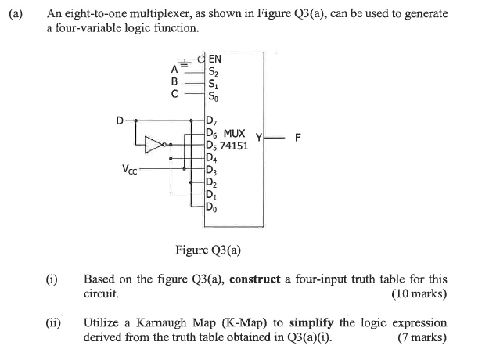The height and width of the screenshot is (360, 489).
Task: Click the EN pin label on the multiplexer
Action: click(215, 58)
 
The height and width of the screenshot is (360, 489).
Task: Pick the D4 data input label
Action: click(211, 158)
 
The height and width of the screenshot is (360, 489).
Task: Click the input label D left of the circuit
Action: click(120, 121)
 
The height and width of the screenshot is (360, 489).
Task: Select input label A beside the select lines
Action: click(175, 69)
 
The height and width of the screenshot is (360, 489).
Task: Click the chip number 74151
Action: click(234, 146)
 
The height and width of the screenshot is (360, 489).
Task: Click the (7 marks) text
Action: click(422, 337)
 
